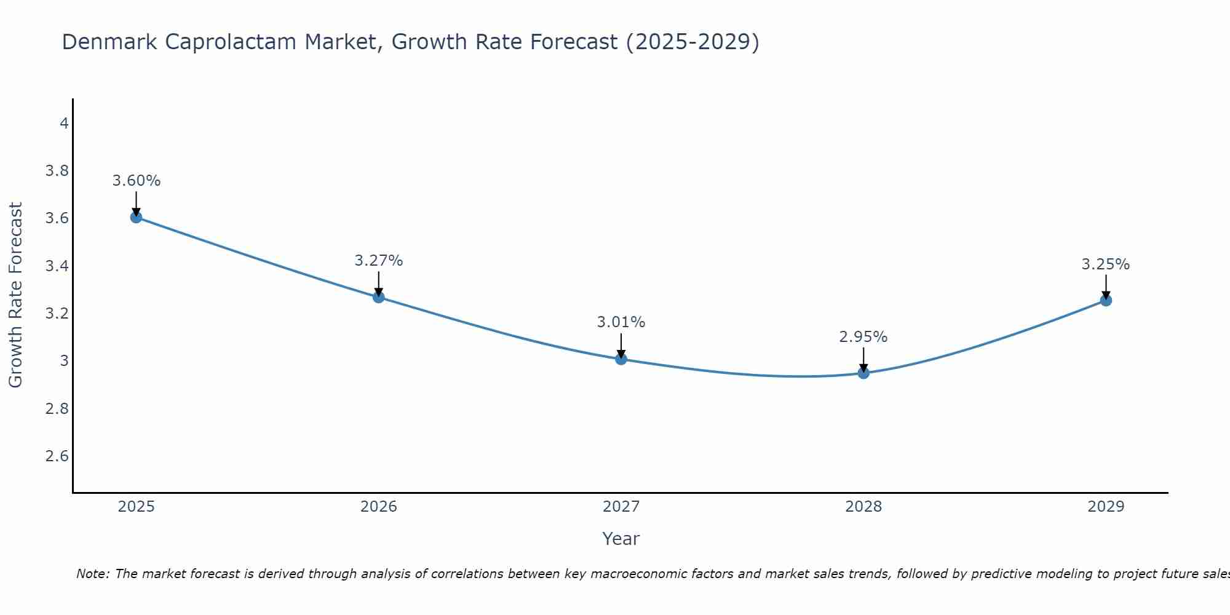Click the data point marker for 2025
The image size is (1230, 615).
pos(137,217)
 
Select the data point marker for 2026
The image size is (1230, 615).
pos(379,297)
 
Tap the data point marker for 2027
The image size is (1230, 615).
pos(621,359)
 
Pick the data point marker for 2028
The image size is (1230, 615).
pos(863,373)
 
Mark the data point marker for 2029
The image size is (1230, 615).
pos(1106,301)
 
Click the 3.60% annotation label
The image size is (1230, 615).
pos(137,181)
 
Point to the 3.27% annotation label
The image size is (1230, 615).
pos(379,261)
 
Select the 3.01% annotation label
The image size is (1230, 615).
pos(621,322)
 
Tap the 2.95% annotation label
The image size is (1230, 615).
pos(863,337)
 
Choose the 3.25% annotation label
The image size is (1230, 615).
pos(1106,264)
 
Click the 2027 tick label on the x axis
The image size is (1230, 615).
pos(621,507)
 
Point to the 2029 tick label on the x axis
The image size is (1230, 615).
pos(1106,507)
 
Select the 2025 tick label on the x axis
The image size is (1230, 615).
pos(137,507)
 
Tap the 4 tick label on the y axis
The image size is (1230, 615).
pos(64,124)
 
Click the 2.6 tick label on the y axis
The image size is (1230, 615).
pos(57,456)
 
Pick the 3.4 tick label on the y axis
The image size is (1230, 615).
pos(57,266)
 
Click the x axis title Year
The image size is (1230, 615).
pos(621,539)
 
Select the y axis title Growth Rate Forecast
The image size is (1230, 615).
pos(15,295)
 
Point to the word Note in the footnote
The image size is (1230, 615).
pos(92,574)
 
